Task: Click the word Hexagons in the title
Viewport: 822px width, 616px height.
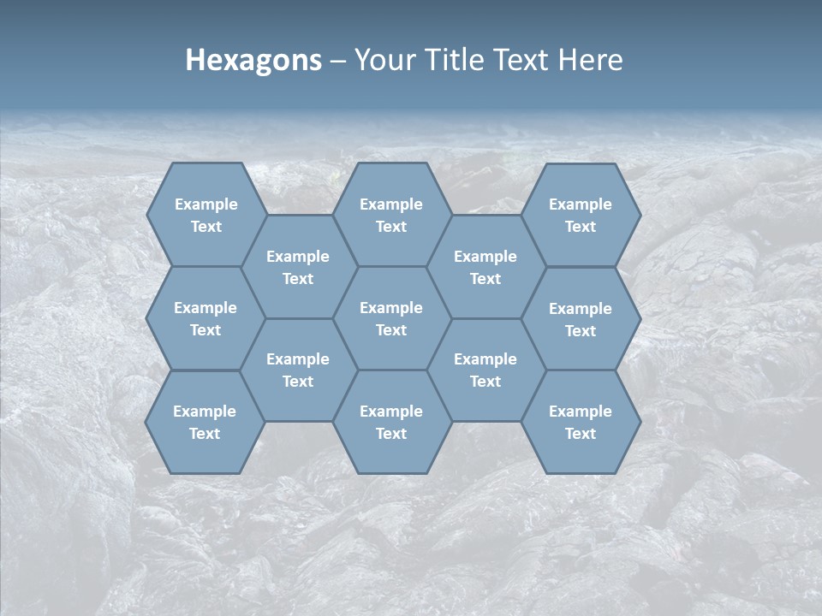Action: click(x=253, y=60)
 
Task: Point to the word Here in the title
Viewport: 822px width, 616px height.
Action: click(x=591, y=60)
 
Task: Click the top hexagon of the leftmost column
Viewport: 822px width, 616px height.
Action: click(x=205, y=215)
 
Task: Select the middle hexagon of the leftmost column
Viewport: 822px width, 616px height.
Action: click(x=205, y=318)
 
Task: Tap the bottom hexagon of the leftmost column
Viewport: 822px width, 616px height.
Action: click(x=205, y=422)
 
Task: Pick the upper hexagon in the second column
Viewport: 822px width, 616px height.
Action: click(x=298, y=267)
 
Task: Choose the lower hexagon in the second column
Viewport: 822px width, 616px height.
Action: click(x=298, y=370)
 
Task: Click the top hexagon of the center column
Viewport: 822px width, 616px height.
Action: click(x=391, y=215)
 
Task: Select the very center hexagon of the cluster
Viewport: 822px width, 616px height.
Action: click(x=391, y=318)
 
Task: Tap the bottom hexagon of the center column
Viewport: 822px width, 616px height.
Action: click(x=391, y=422)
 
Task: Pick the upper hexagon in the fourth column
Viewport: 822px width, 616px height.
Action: click(x=485, y=267)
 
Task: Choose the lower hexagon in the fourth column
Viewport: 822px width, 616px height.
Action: click(x=485, y=370)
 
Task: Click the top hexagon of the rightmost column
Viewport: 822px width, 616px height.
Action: click(x=581, y=215)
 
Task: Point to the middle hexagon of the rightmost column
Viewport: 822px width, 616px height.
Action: click(x=581, y=319)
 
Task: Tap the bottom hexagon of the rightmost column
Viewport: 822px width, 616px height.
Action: click(x=581, y=422)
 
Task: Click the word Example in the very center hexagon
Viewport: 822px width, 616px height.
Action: click(x=391, y=308)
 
